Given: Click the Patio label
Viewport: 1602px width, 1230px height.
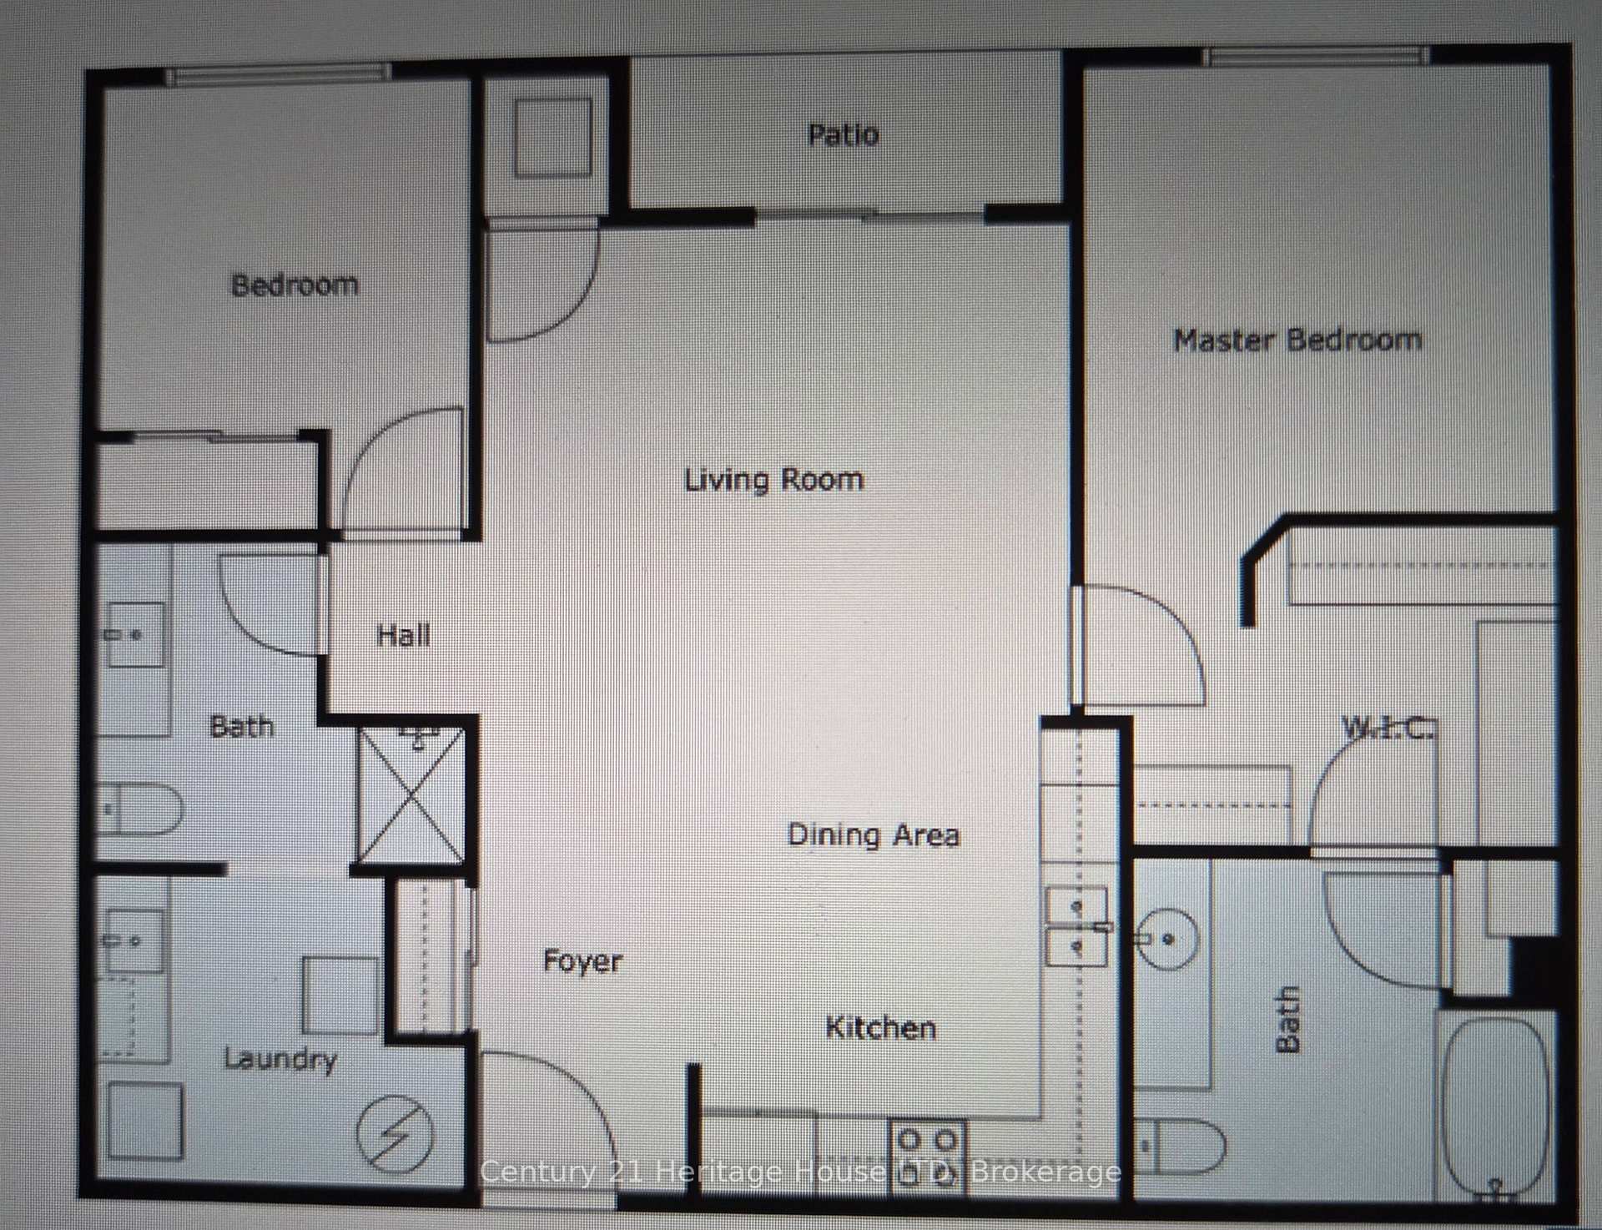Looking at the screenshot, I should [843, 134].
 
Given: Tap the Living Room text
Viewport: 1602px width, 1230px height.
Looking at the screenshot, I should [773, 480].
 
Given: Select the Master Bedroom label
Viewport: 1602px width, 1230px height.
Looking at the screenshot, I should [1297, 340].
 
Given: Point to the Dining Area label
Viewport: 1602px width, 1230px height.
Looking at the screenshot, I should [874, 834].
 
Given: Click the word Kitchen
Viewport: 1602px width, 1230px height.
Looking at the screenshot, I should [880, 1027].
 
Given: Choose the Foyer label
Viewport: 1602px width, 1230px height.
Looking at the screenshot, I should [582, 960].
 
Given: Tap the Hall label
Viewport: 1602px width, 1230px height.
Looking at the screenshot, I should [404, 636].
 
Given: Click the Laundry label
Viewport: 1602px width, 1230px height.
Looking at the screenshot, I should [280, 1059].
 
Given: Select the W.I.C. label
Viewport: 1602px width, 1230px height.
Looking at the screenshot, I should [1388, 728].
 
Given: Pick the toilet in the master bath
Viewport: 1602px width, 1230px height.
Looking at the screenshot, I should [1180, 1146].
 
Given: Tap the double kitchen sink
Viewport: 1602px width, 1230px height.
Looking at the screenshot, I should [1076, 926].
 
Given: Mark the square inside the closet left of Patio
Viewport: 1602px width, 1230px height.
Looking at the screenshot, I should [552, 138].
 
